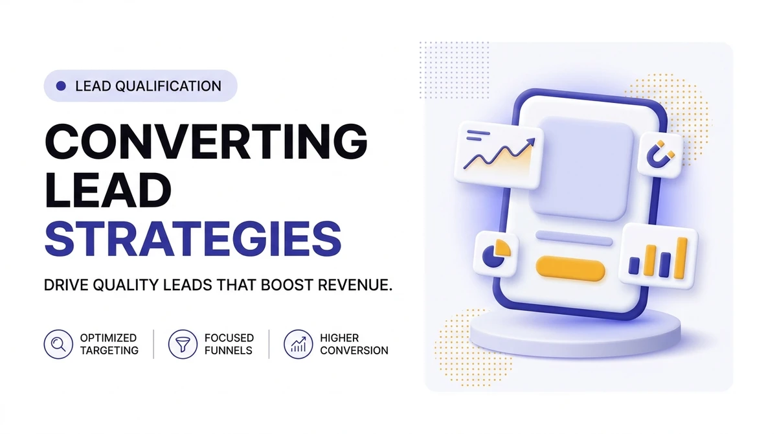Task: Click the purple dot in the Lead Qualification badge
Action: [61, 86]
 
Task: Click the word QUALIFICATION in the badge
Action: [168, 86]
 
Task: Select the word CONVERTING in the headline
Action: [206, 142]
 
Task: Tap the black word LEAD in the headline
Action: [108, 190]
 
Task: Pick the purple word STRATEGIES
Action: [193, 239]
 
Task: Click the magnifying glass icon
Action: [58, 344]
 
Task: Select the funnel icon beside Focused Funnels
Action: [183, 344]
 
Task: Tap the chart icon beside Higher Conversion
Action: [298, 344]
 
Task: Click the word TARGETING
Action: [109, 350]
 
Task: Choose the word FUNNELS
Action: [228, 350]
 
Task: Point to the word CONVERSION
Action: [354, 350]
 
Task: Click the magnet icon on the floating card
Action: [660, 154]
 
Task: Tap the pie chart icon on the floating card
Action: [496, 253]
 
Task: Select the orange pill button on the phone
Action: [570, 269]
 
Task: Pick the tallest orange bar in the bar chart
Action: [682, 258]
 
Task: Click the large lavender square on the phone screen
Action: [581, 168]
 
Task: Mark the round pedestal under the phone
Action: [576, 335]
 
